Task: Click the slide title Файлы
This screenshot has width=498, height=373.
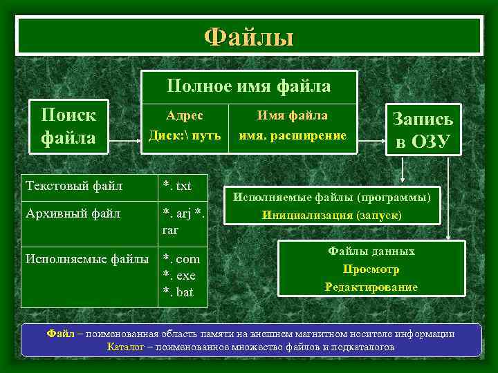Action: (248, 37)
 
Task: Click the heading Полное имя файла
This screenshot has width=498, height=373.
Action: (248, 86)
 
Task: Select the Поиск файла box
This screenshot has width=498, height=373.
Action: (68, 126)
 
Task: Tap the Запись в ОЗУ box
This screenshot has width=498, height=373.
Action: (423, 131)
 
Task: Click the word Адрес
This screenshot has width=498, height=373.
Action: (185, 115)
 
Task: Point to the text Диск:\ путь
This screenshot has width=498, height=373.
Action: (185, 135)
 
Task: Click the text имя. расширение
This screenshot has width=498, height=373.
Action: (293, 135)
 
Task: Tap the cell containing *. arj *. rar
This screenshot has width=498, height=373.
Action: (183, 221)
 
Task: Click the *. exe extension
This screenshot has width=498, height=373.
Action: (179, 276)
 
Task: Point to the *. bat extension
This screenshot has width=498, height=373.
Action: (178, 292)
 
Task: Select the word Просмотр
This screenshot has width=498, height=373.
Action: (371, 269)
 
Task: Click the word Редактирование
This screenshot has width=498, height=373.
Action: (371, 287)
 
